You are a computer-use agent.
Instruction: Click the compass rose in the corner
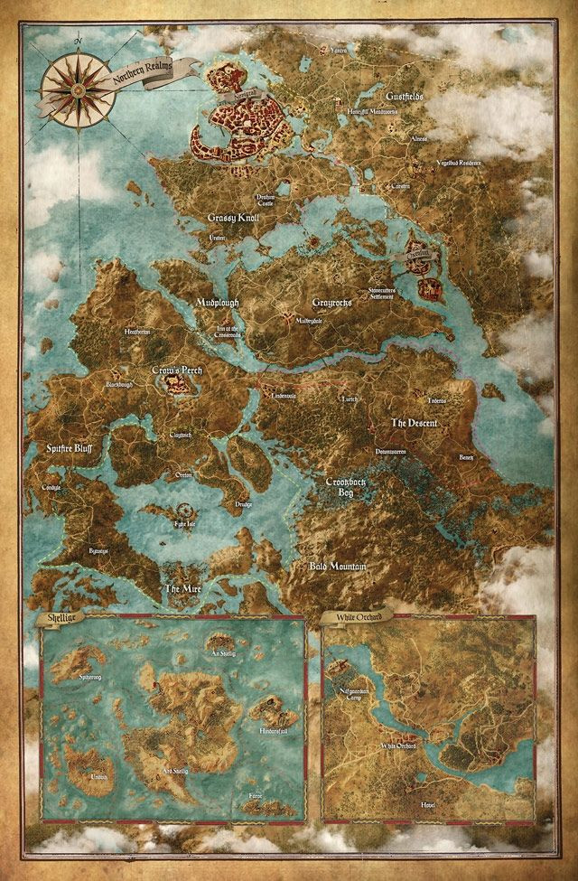[x=78, y=80]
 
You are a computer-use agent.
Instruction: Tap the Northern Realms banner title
[x=142, y=75]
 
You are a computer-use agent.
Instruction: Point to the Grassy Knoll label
[x=233, y=219]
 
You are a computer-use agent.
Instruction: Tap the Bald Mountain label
[x=337, y=567]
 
